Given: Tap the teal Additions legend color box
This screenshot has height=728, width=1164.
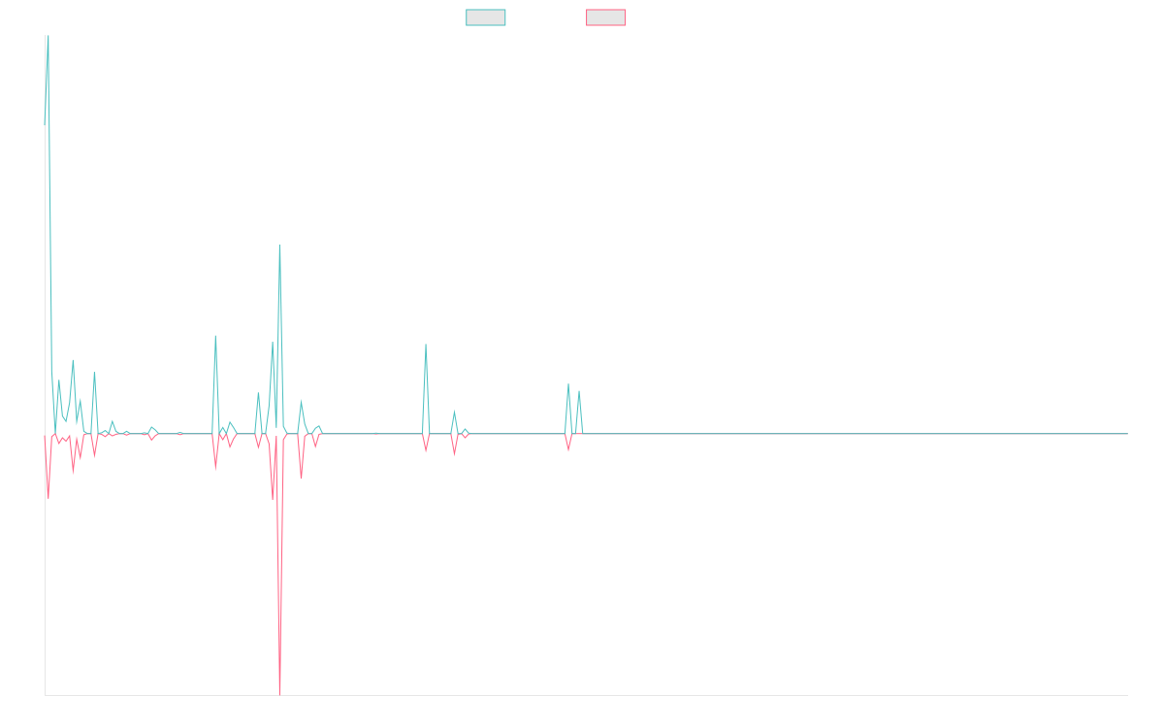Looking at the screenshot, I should click(x=486, y=17).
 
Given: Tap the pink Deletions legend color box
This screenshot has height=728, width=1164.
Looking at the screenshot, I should click(x=606, y=17).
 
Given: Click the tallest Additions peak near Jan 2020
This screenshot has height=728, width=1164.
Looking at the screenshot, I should click(x=48, y=39).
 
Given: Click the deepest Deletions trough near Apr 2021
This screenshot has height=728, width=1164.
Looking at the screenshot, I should click(x=279, y=693).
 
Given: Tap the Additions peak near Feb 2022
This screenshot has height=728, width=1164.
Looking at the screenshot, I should click(x=426, y=345).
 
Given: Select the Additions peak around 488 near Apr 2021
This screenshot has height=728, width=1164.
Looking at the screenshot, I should click(x=279, y=246).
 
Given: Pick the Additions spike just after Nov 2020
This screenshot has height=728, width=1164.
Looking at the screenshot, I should click(x=215, y=337).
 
